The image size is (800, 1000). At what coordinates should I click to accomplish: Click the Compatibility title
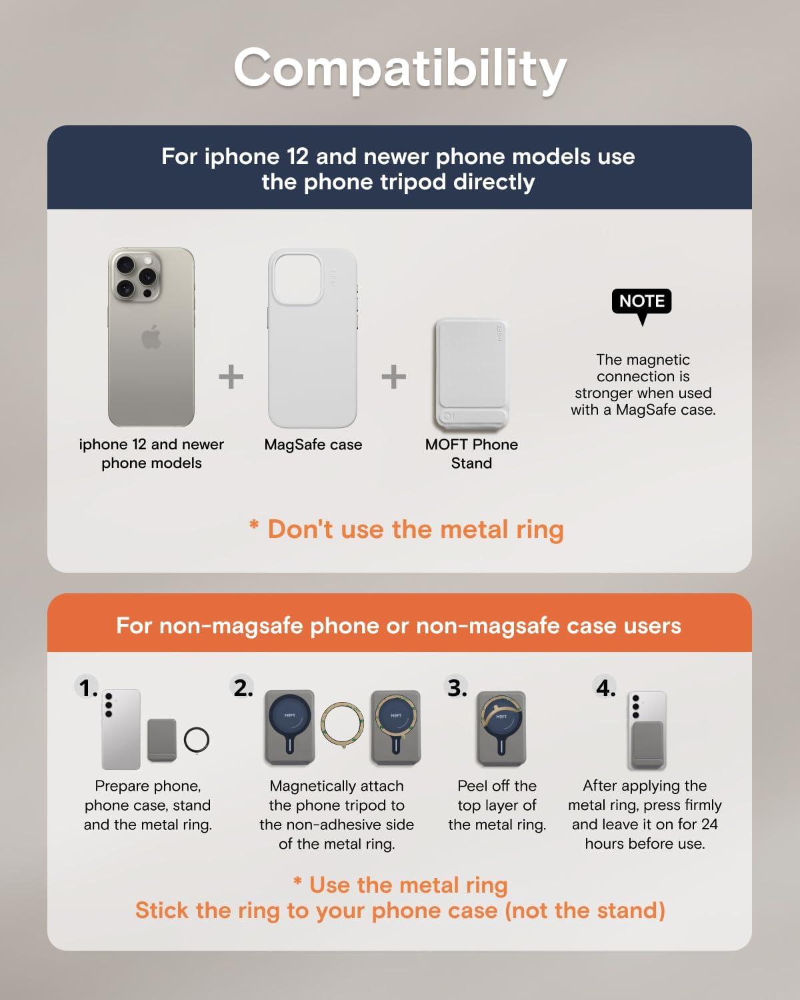[400, 70]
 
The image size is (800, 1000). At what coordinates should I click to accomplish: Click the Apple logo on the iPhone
[151, 337]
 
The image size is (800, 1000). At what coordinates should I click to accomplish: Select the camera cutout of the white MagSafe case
[297, 278]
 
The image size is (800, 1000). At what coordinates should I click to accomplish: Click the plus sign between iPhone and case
[231, 377]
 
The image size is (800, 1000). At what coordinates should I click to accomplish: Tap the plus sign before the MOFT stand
[394, 377]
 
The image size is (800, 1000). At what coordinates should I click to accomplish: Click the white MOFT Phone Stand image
[471, 373]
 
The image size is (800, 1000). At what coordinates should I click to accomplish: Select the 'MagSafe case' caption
[313, 445]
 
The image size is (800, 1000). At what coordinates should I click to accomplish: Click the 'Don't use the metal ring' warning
[407, 530]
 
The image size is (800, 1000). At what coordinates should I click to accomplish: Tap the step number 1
[87, 687]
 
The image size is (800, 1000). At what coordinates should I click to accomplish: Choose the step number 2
[242, 687]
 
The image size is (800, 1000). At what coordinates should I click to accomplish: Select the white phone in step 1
[121, 729]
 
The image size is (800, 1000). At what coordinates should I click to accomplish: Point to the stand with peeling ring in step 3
[501, 728]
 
